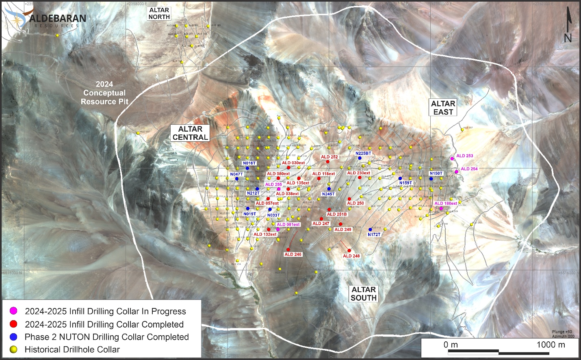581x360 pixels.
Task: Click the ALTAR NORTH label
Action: coord(159,13)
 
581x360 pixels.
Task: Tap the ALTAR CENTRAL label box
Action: coord(190,133)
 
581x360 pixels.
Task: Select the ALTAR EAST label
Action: coord(443,108)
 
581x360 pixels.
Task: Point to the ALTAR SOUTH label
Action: coord(364,293)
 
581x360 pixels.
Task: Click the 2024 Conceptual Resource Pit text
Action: coord(104,93)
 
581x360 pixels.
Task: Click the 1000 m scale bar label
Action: coord(551,345)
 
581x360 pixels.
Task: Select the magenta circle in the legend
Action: coord(14,311)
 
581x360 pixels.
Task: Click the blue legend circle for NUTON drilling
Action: coord(14,337)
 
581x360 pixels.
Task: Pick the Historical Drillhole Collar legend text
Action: coord(72,349)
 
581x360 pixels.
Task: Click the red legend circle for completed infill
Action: coord(14,324)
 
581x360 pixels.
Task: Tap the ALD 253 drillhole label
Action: coord(464,156)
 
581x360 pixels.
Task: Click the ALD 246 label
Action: coord(293,254)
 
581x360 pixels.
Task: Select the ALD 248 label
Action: coord(351,256)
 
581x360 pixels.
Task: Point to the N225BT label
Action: coord(363,153)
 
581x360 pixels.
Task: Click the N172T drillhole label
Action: coord(374,234)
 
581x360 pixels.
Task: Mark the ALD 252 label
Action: coord(329,157)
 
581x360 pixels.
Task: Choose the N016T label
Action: coord(249,163)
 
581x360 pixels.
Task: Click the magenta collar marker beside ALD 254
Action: coord(456,172)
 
